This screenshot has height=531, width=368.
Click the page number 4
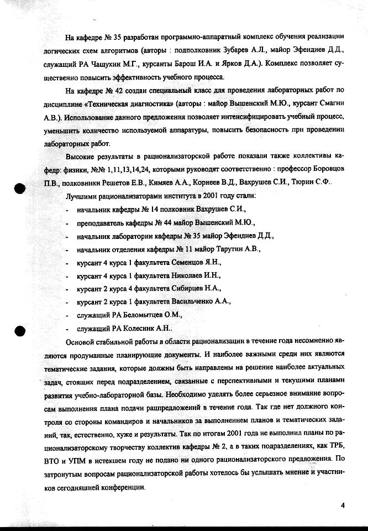(x=343, y=505)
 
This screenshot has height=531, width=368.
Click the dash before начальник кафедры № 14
(x=67, y=210)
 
